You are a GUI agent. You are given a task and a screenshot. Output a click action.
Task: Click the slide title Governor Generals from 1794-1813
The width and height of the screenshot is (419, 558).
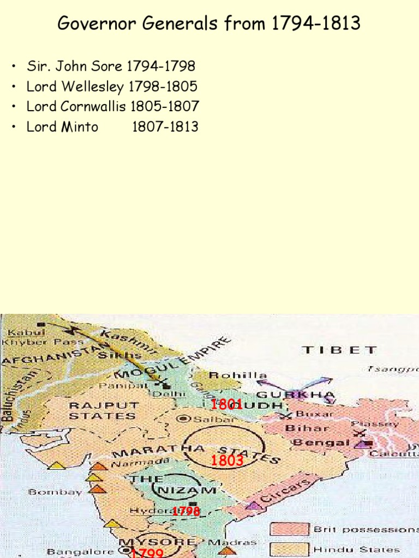[x=209, y=24]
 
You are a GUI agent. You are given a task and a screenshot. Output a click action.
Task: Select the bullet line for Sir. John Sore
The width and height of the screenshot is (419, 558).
[x=111, y=67]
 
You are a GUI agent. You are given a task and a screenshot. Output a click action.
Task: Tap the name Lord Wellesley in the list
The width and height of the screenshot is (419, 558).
[x=76, y=87]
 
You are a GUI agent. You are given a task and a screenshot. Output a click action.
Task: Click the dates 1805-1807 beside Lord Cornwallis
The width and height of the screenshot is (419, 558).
[x=165, y=107]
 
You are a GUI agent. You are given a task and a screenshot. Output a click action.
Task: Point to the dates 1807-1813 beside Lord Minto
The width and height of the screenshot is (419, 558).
[x=165, y=127]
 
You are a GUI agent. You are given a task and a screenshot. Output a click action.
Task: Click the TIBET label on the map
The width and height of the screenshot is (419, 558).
[x=339, y=350]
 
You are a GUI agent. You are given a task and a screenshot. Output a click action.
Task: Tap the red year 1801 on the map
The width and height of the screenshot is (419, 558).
[x=226, y=404]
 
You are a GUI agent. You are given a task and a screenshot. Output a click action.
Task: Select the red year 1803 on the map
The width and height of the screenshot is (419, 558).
[x=226, y=461]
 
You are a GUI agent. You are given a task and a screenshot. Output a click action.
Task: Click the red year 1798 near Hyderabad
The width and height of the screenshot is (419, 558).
[x=186, y=511]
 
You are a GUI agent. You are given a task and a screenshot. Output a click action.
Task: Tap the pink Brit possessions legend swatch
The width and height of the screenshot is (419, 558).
[x=289, y=529]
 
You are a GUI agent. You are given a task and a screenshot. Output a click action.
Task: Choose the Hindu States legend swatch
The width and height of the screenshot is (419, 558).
[x=289, y=549]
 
